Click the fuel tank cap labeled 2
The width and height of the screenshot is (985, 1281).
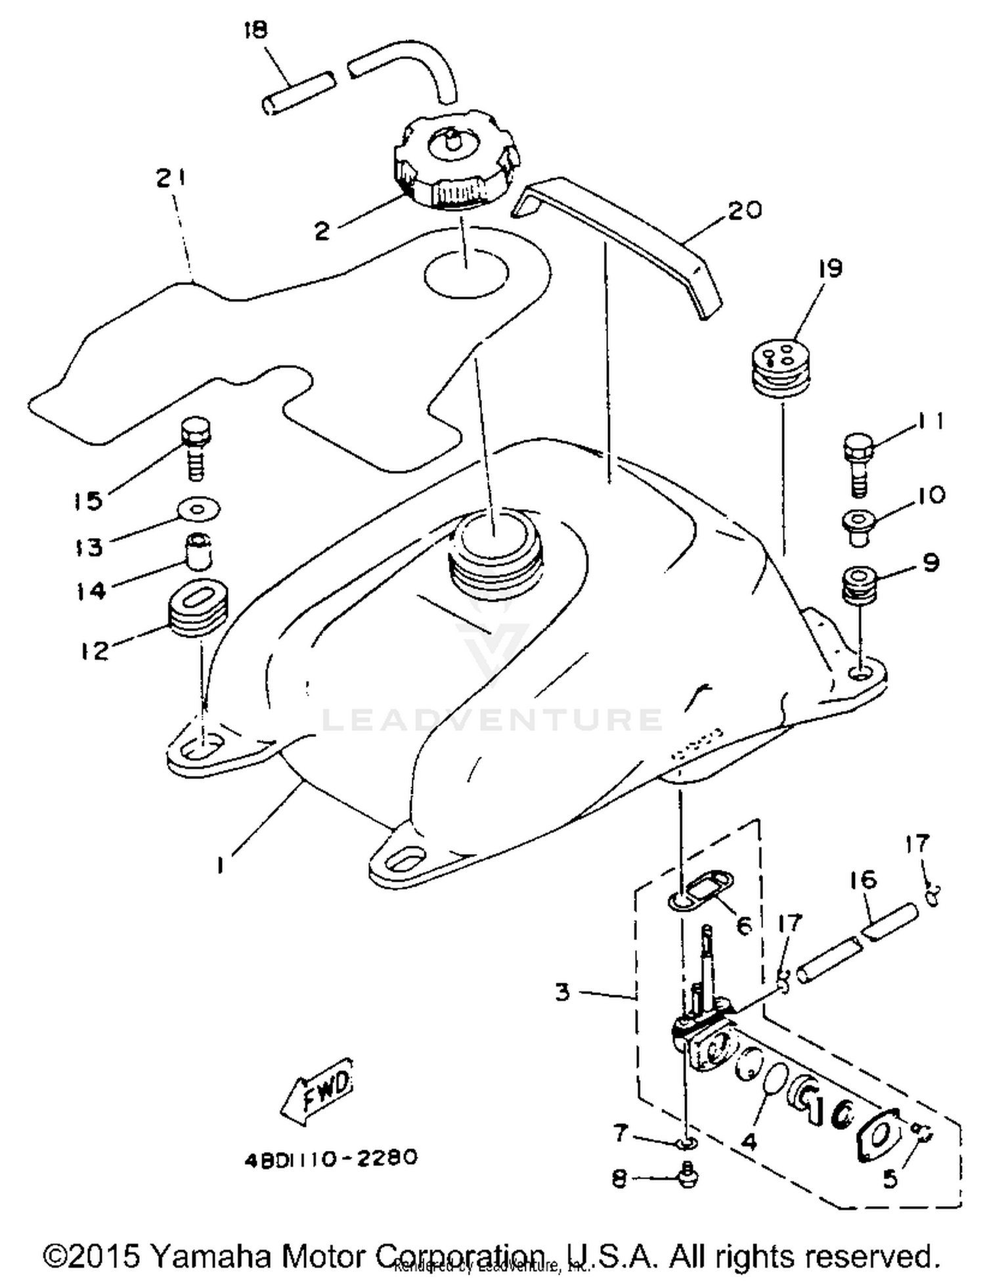pyautogui.click(x=456, y=164)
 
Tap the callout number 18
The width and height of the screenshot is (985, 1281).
pyautogui.click(x=256, y=31)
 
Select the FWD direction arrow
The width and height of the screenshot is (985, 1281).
pyautogui.click(x=317, y=1090)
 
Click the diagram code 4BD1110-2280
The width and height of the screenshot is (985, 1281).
pyautogui.click(x=331, y=1158)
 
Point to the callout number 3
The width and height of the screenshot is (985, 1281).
pyautogui.click(x=562, y=991)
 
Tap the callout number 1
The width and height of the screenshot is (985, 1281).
pyautogui.click(x=221, y=865)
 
